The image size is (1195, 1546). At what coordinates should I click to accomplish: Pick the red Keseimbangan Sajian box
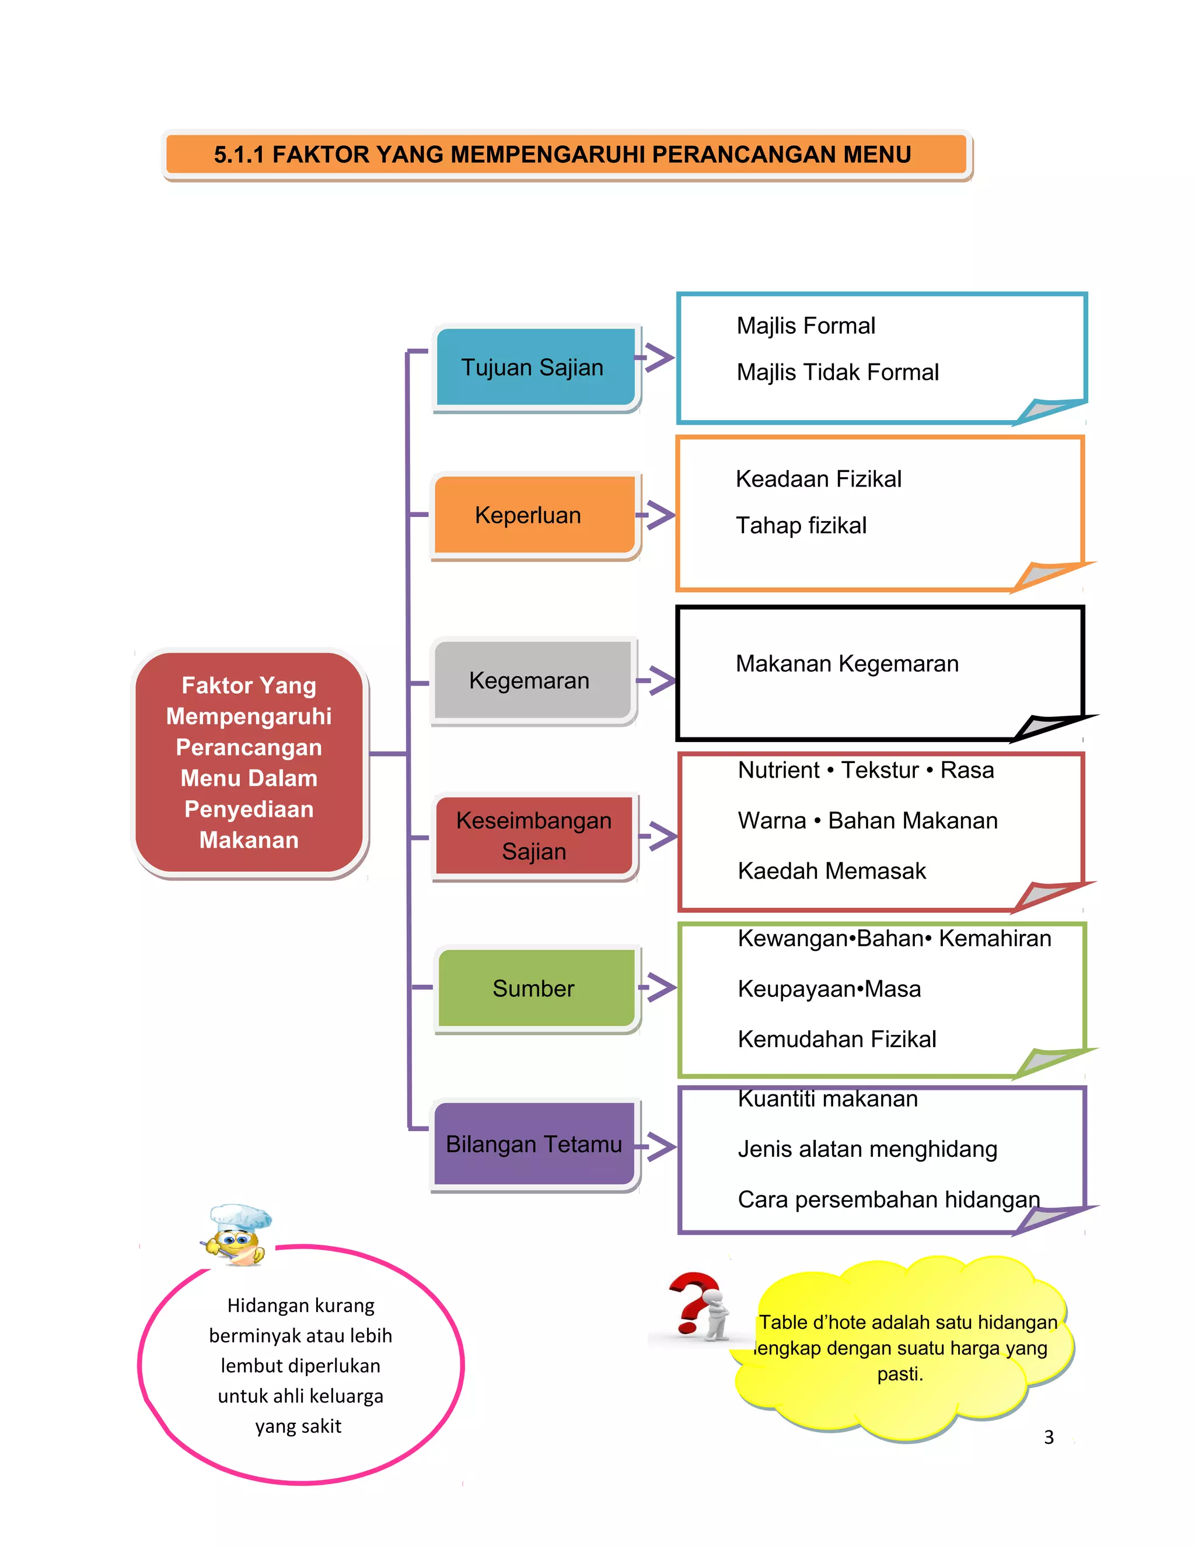534,835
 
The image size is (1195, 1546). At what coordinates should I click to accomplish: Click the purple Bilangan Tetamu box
534,1144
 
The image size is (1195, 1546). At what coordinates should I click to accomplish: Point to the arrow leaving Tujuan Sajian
656,358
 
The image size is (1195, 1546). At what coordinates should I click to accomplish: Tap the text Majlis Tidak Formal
837,372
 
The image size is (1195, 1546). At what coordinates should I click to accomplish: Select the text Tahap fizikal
801,525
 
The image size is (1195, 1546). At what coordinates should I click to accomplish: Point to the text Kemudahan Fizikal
837,1039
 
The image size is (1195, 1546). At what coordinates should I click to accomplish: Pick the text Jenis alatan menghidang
867,1149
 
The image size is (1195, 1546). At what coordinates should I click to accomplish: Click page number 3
1049,1437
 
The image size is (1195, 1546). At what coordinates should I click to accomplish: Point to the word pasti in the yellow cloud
899,1374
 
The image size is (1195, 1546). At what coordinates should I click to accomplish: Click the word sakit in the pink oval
323,1426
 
